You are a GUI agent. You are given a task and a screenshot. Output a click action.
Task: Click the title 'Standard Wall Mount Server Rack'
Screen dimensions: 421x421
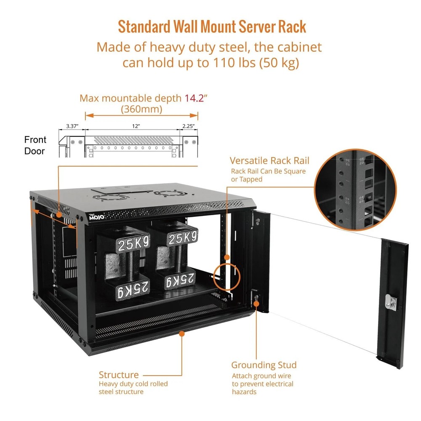(x=212, y=27)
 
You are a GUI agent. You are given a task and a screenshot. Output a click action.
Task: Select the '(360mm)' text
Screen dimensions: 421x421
(x=141, y=109)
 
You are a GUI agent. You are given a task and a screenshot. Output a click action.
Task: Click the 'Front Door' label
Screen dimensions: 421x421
(x=35, y=145)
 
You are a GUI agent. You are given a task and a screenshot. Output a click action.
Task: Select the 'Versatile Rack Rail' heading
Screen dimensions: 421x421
(x=269, y=160)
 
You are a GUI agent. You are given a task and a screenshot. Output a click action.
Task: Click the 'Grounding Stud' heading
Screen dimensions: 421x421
(x=264, y=365)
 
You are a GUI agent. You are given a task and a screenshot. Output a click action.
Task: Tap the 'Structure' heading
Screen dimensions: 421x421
(x=118, y=375)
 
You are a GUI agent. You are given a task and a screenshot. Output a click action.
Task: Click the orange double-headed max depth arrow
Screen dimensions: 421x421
(x=141, y=115)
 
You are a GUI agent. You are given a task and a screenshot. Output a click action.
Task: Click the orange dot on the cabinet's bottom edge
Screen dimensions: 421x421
(x=182, y=333)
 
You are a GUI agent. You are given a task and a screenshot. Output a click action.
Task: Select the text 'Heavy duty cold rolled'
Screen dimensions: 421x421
(x=133, y=384)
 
